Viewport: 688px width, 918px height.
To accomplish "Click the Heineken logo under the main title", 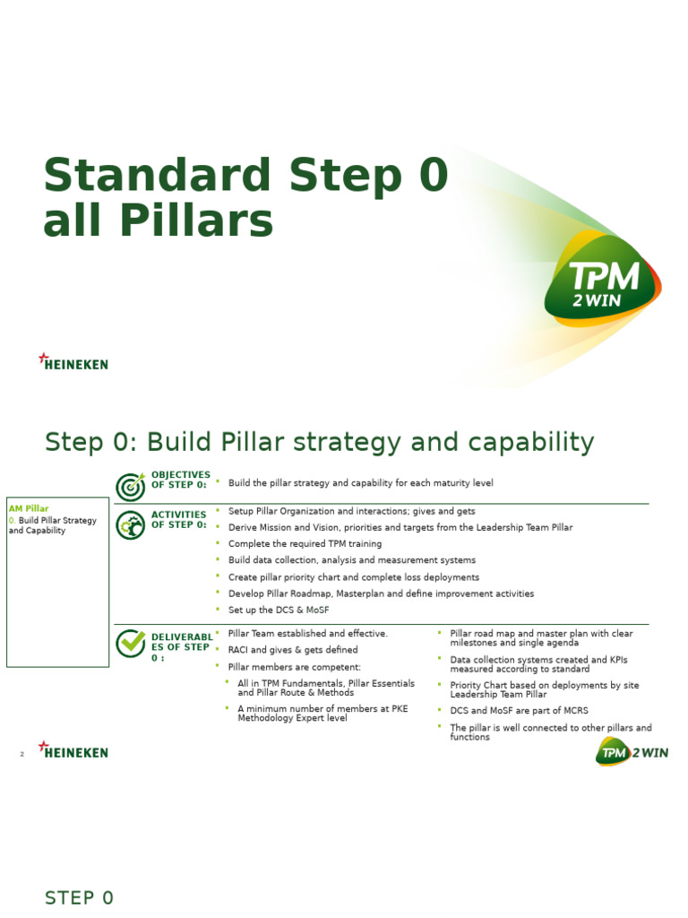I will [x=73, y=362].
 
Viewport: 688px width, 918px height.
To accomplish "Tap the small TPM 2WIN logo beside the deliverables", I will [x=632, y=752].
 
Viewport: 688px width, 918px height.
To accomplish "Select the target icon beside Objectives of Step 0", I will [x=131, y=486].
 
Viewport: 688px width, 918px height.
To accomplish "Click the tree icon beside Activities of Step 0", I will [x=131, y=525].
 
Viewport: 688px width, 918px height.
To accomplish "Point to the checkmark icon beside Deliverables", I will [x=131, y=643].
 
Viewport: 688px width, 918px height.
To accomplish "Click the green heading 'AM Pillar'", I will [x=29, y=508].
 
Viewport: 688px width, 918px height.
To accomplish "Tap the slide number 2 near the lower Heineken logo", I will [x=21, y=755].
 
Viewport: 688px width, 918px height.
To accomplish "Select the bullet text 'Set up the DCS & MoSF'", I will [x=279, y=610].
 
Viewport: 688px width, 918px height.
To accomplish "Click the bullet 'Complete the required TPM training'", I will [x=305, y=543].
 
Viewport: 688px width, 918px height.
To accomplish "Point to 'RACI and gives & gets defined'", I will [x=293, y=650].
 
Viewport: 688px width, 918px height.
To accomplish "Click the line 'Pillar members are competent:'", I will [x=295, y=667].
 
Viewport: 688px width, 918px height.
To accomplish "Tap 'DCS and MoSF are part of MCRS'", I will [x=519, y=710].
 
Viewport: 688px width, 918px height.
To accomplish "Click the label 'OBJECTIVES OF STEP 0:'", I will [x=180, y=480].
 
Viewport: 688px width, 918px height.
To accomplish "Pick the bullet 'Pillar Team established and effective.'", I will [x=308, y=633].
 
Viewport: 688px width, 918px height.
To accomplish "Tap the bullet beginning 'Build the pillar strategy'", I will [x=360, y=483].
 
